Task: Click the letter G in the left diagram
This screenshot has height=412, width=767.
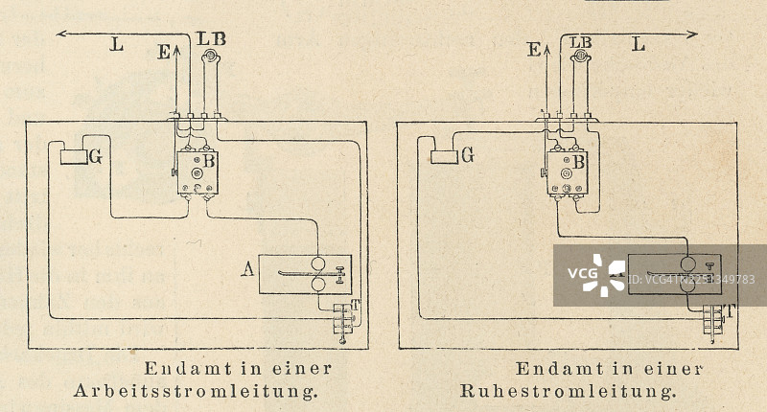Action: tap(96, 156)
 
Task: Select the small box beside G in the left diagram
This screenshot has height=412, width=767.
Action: tap(73, 156)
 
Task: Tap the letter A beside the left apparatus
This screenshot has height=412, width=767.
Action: tap(247, 271)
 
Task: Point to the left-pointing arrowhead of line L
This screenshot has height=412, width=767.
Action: tap(61, 34)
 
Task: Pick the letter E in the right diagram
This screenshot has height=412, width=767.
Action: tap(533, 50)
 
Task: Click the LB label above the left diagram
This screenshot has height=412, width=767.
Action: tap(211, 38)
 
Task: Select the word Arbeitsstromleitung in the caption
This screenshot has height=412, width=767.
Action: tap(196, 391)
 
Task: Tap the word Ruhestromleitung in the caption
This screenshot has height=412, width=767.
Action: tap(569, 391)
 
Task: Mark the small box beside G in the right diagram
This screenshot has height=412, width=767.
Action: tap(443, 156)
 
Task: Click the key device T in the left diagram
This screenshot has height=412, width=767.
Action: tap(342, 321)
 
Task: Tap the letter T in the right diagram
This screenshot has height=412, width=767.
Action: tap(732, 310)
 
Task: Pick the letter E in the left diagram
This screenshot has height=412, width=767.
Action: tap(163, 53)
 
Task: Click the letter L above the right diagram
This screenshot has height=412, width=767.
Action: tap(639, 44)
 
